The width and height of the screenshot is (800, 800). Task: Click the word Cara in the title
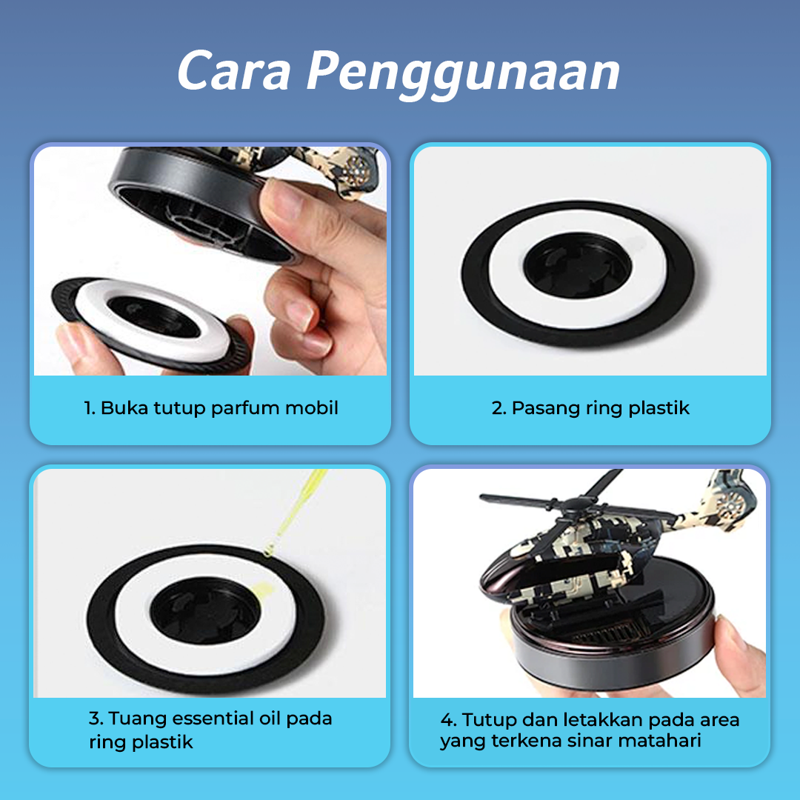(234, 70)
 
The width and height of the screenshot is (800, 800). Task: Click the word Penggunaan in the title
(463, 74)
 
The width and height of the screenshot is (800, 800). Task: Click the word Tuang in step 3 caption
(138, 719)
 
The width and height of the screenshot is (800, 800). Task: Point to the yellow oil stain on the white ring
(263, 590)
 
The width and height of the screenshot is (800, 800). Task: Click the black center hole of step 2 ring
(578, 266)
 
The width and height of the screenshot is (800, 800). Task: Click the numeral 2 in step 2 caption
(497, 409)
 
